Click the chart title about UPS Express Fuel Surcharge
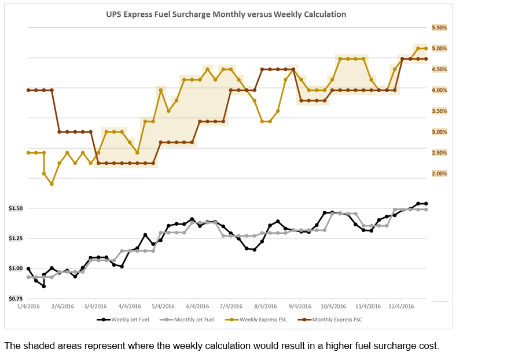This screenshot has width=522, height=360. tap(226, 14)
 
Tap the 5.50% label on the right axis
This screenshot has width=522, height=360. tap(439, 28)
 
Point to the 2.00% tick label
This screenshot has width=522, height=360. tap(439, 174)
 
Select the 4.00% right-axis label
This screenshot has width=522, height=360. tap(439, 90)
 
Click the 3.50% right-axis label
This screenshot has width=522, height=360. tap(439, 111)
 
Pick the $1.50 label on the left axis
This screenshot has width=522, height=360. tap(16, 208)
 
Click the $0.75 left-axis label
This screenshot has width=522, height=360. tap(16, 299)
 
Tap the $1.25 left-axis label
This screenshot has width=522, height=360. tap(16, 238)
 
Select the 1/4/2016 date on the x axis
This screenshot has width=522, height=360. tap(29, 307)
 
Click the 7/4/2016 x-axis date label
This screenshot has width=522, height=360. tap(231, 307)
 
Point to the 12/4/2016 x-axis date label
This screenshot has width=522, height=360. tap(401, 307)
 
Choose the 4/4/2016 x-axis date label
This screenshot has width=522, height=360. tap(130, 307)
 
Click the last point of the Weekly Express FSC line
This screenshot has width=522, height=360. tap(426, 49)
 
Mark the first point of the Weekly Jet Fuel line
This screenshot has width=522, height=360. tap(28, 269)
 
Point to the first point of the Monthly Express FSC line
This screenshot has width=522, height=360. tap(28, 90)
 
